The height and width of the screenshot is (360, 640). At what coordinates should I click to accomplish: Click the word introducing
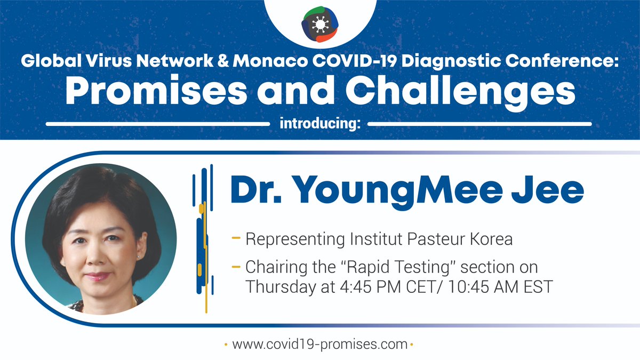pyautogui.click(x=319, y=125)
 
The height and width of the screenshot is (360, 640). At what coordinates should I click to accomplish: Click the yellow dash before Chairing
pyautogui.click(x=235, y=266)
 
